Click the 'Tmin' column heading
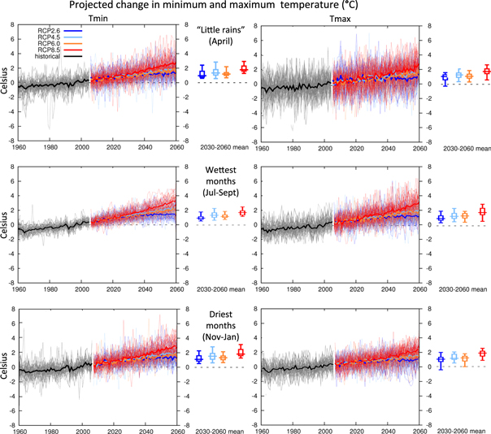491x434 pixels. coord(98,15)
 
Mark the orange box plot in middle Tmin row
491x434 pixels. coord(225,216)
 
